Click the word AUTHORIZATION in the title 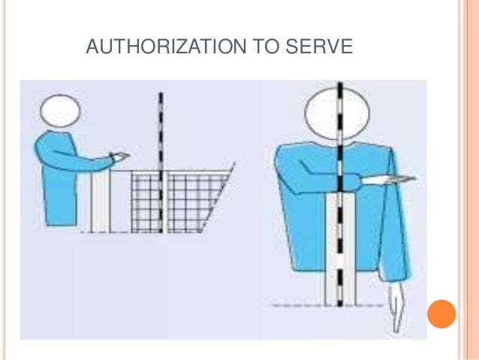(x=166, y=47)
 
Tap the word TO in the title (x=267, y=47)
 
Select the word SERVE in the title (x=319, y=47)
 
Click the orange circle (x=441, y=314)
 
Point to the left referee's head (x=61, y=110)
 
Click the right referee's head (x=337, y=113)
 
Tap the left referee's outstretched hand (x=121, y=156)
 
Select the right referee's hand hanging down (x=396, y=306)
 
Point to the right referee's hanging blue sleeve (x=396, y=220)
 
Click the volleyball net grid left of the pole (x=145, y=202)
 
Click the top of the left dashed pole (x=161, y=93)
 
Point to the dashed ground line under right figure (x=327, y=305)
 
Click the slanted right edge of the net (x=218, y=197)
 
